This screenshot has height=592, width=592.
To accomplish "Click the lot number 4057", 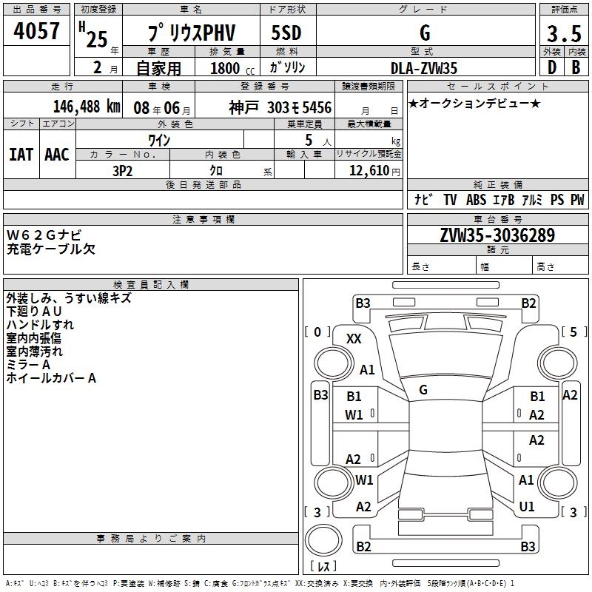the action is [x=37, y=33].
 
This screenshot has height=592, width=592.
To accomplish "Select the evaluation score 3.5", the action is [x=562, y=34].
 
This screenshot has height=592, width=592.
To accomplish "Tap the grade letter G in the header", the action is [x=424, y=33].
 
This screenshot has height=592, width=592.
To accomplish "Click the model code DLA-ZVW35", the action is [x=424, y=68].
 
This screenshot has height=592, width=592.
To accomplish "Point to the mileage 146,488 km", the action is [x=86, y=107].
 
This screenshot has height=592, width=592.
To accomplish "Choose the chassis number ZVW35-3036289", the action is [x=497, y=235].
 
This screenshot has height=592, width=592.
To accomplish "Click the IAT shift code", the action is [x=21, y=154].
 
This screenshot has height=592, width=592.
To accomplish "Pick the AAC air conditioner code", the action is [x=56, y=154].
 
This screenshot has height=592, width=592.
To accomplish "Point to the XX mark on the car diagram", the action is [x=354, y=338].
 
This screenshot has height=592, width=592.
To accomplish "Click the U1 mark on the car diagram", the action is [x=527, y=507].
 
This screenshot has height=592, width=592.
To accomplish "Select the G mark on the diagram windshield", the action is [x=423, y=389].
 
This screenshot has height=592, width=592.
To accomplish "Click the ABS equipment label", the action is [x=477, y=200].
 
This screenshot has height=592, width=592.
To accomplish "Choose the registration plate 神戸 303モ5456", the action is [x=280, y=107].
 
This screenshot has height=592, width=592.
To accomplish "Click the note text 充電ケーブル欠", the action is [x=51, y=249].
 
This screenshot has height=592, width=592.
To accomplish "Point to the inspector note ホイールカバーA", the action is [x=52, y=378].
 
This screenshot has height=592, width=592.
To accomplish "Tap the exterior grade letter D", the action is [x=551, y=68].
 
